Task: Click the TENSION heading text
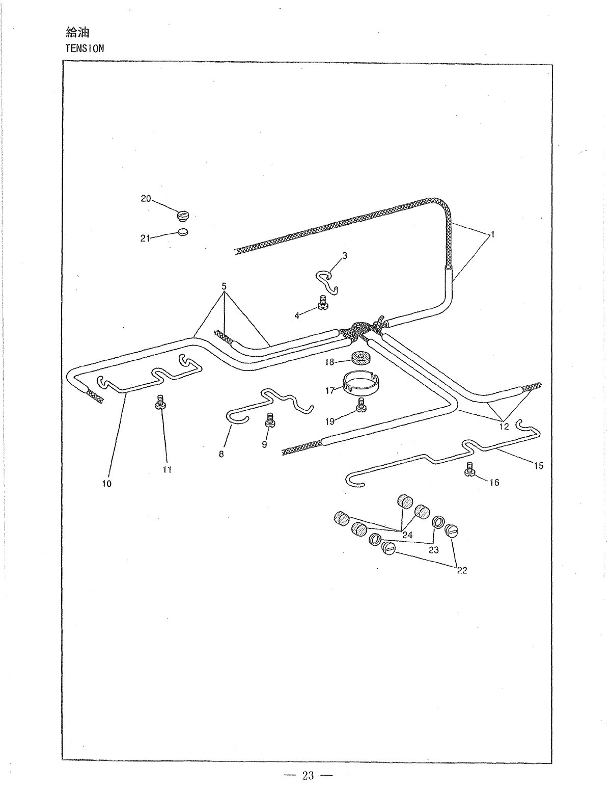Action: (x=85, y=48)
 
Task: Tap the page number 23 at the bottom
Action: (x=308, y=776)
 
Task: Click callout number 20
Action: (x=146, y=199)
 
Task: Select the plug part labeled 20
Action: (x=182, y=216)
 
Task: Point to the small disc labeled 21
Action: (x=183, y=232)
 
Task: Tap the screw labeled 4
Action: (x=322, y=303)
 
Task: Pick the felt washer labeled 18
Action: (x=360, y=358)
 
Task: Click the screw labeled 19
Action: (x=362, y=406)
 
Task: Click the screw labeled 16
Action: (x=469, y=469)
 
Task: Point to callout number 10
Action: (x=106, y=484)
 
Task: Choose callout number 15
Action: (x=539, y=465)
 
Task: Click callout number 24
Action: (x=407, y=535)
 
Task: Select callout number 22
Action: (x=462, y=570)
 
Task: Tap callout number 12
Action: (x=504, y=427)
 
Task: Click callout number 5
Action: (x=223, y=285)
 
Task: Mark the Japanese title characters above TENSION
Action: (x=77, y=34)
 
